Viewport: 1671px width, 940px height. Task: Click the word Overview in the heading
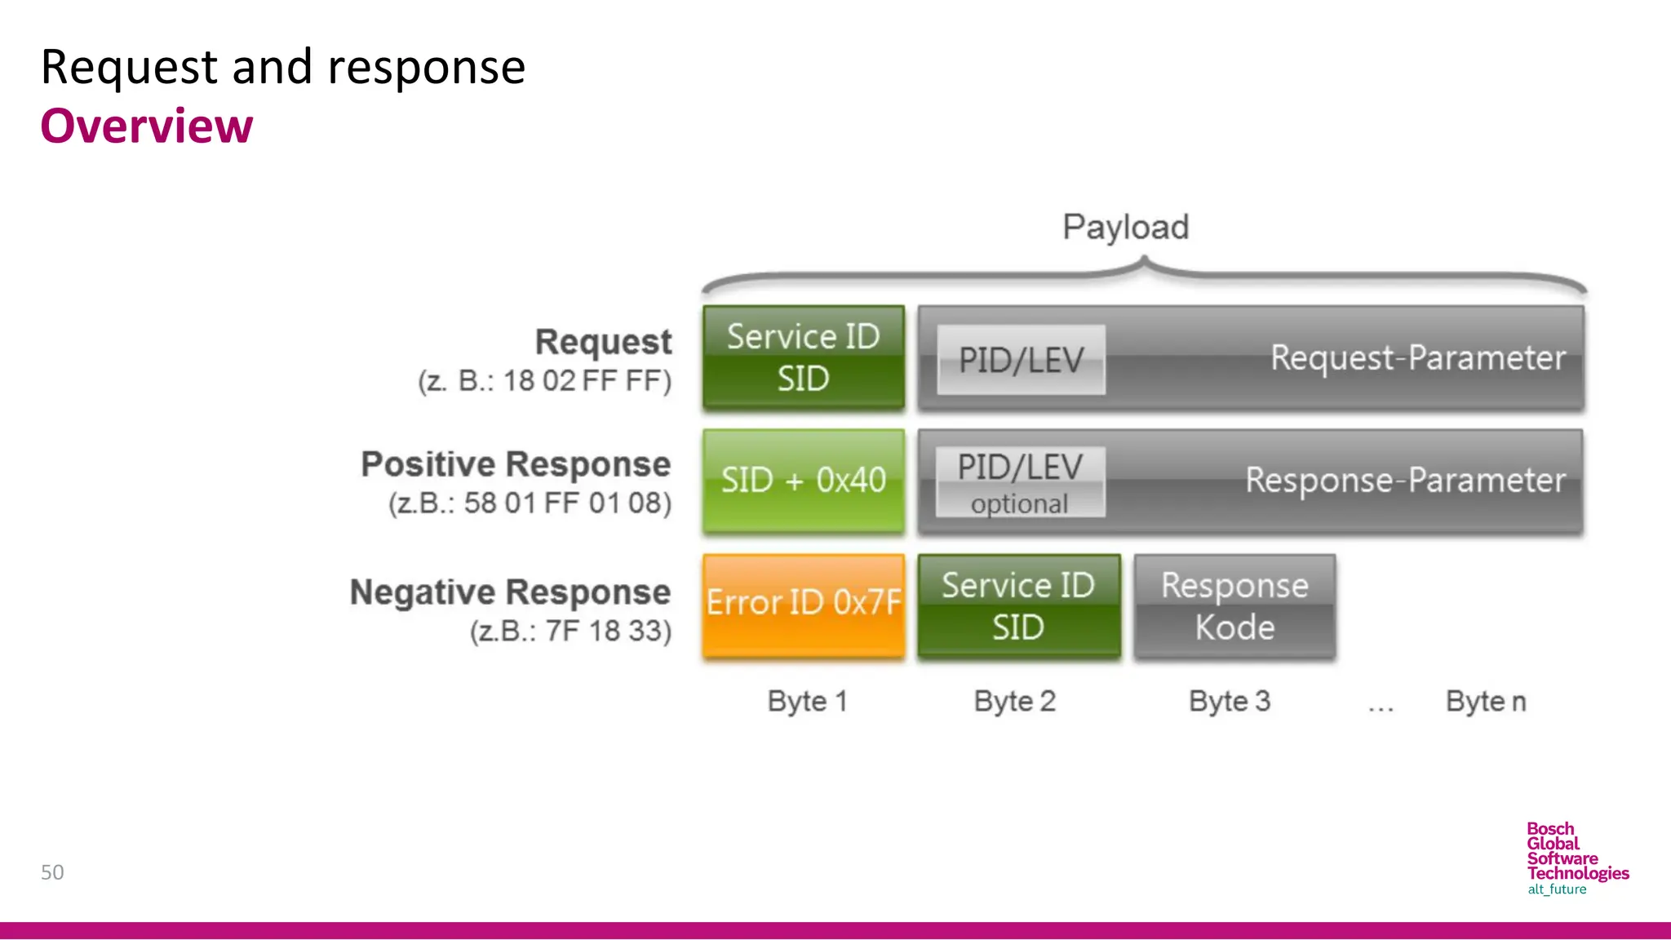coord(147,126)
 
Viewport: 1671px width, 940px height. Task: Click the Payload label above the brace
coord(1125,227)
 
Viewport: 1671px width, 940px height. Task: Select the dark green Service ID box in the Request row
coord(804,357)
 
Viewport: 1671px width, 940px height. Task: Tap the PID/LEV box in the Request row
coord(1021,360)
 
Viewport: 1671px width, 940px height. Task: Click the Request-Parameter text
coord(1417,358)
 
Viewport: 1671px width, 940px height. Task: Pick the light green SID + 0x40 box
coord(804,481)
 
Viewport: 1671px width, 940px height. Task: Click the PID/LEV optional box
coord(1020,482)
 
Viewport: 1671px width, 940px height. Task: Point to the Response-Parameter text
coord(1405,481)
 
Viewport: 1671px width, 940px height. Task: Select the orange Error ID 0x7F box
coord(804,605)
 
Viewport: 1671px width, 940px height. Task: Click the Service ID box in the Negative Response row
coord(1018,605)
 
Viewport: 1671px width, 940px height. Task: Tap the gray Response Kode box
coord(1234,605)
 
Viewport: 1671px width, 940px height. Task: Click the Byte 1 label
coord(807,702)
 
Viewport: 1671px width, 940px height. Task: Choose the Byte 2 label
coord(1014,702)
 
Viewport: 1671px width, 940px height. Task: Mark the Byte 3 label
coord(1229,702)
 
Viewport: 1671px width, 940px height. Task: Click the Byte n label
coord(1485,702)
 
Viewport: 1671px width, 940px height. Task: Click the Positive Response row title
coord(516,464)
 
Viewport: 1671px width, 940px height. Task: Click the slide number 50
coord(52,872)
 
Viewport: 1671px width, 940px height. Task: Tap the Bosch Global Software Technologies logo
coord(1576,858)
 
